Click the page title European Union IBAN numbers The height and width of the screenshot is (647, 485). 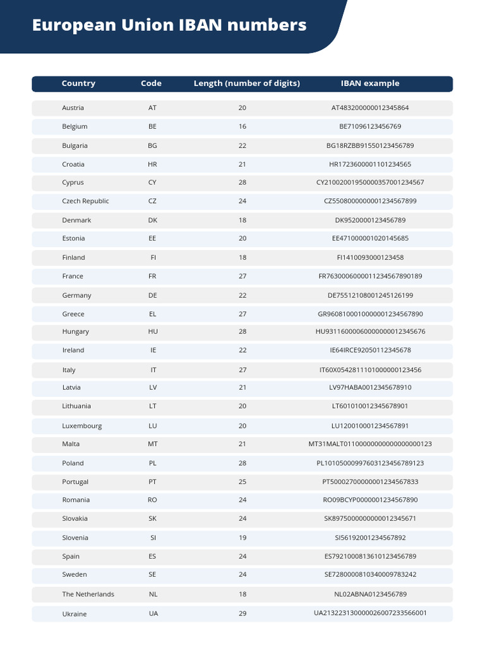coord(169,25)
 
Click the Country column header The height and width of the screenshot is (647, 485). coord(78,83)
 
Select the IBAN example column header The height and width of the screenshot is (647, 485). coord(370,83)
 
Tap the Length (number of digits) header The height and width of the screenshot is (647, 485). coord(246,83)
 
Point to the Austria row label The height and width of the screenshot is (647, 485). coord(73,108)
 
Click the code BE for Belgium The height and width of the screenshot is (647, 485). coord(152,126)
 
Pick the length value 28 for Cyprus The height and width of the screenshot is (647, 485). coord(242,183)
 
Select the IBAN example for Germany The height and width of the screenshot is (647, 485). coord(370,295)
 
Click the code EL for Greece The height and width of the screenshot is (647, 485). coord(152,314)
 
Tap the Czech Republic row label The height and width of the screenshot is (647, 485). coord(85,201)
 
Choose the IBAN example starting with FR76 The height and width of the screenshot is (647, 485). coord(370,276)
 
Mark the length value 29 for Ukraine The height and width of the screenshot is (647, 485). coord(242,613)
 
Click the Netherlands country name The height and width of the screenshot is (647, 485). coord(88,594)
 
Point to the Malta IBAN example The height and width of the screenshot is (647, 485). coord(370,444)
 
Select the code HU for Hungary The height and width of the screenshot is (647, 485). coord(153,332)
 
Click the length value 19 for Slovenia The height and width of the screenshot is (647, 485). coord(242,538)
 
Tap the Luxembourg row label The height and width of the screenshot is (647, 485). coord(81,426)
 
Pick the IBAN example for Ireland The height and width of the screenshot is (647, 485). coord(370,350)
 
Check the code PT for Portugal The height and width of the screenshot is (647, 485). coord(152,481)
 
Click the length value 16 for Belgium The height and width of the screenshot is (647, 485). coord(242,126)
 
